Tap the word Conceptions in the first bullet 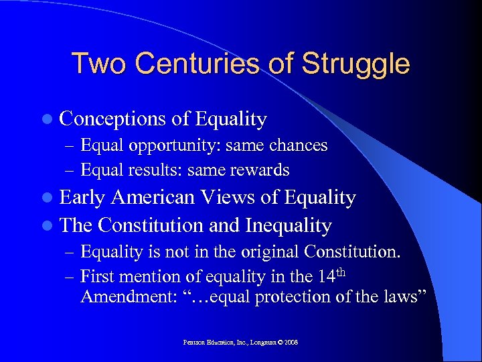point(112,119)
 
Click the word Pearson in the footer point(195,343)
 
